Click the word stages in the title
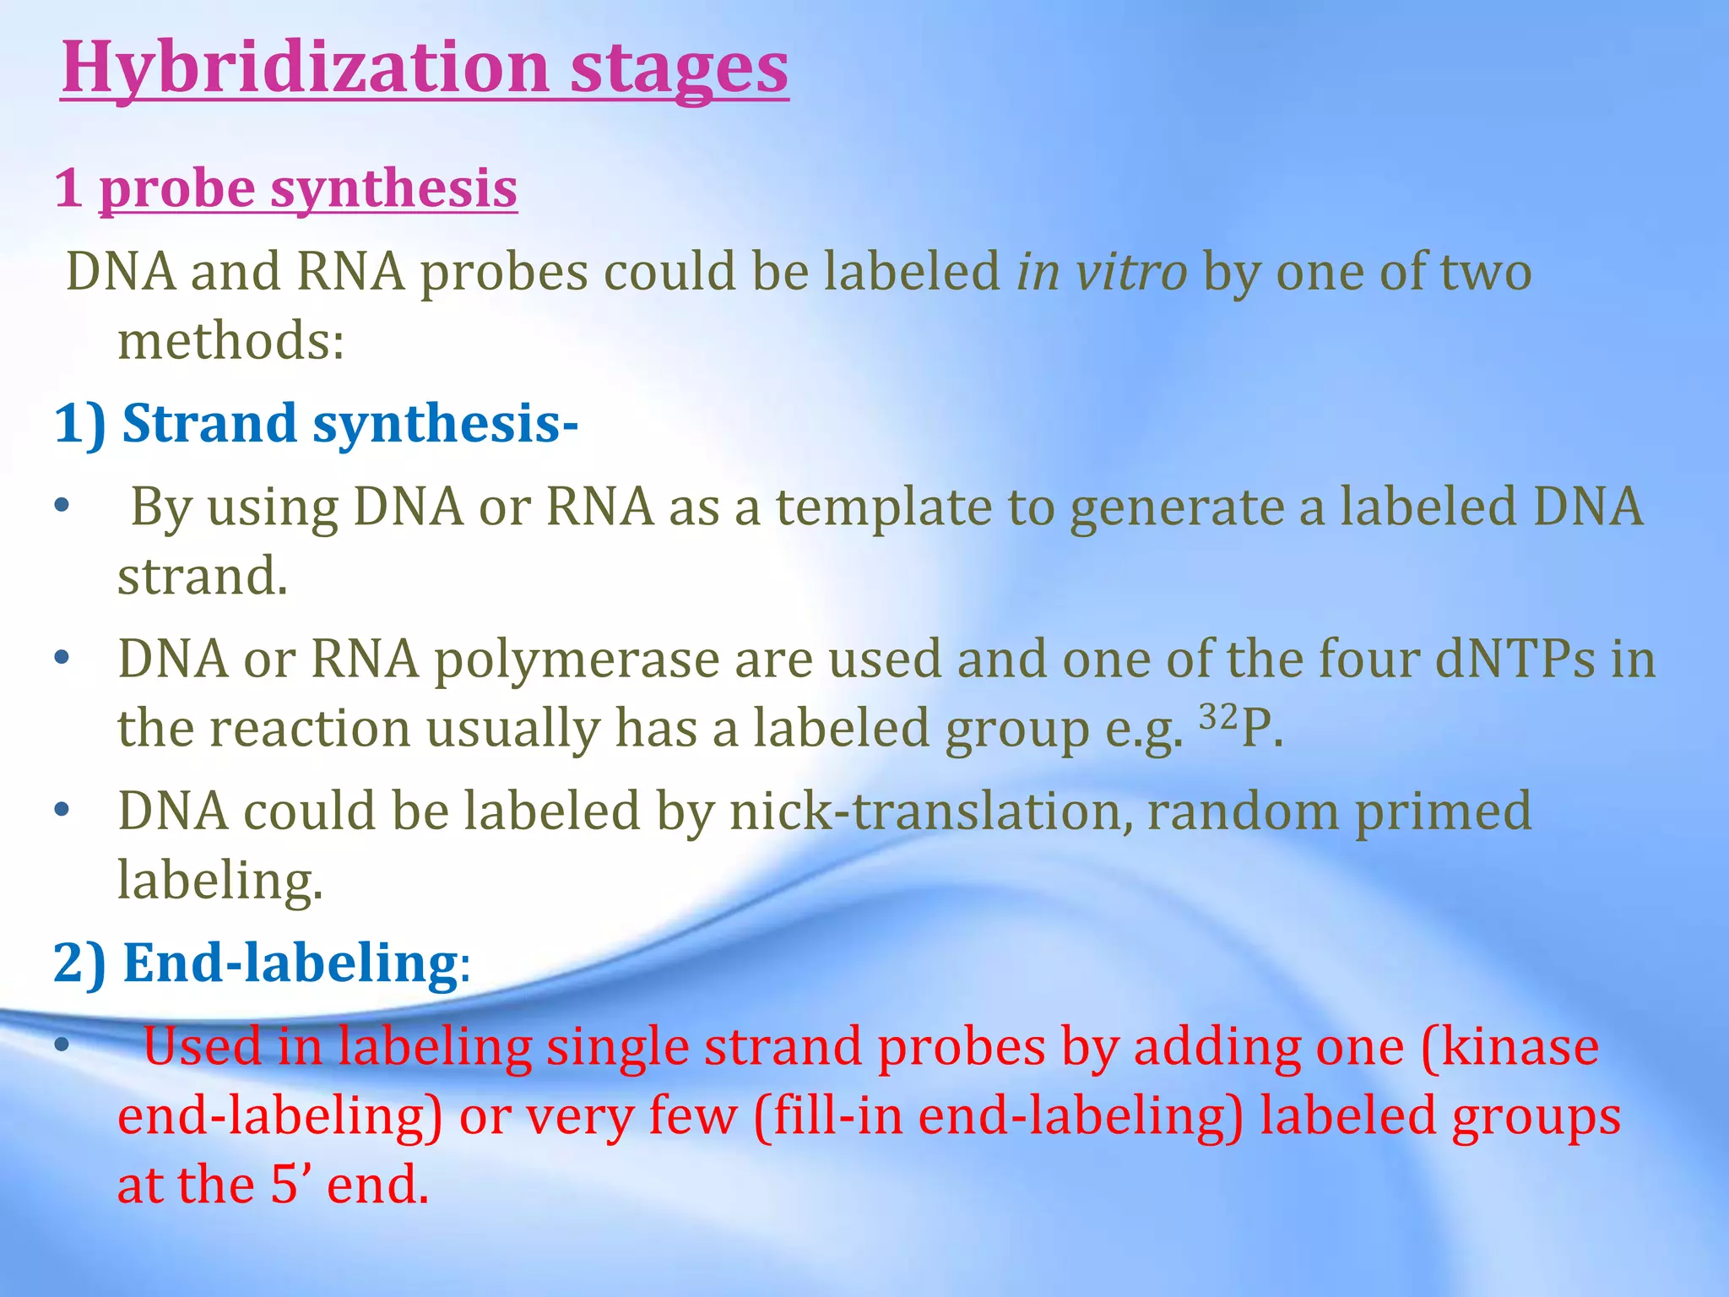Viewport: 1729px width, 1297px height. click(679, 69)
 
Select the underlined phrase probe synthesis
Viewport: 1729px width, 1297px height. click(308, 188)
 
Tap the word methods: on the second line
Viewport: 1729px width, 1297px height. click(230, 341)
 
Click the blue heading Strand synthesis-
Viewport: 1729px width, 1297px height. click(350, 423)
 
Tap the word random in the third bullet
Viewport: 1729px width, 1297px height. click(1242, 811)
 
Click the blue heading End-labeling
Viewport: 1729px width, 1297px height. click(290, 963)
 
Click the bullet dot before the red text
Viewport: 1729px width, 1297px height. click(61, 1045)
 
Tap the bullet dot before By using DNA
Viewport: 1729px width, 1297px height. click(61, 507)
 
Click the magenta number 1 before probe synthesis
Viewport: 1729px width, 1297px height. click(69, 188)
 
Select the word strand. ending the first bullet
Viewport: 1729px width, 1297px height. click(203, 577)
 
